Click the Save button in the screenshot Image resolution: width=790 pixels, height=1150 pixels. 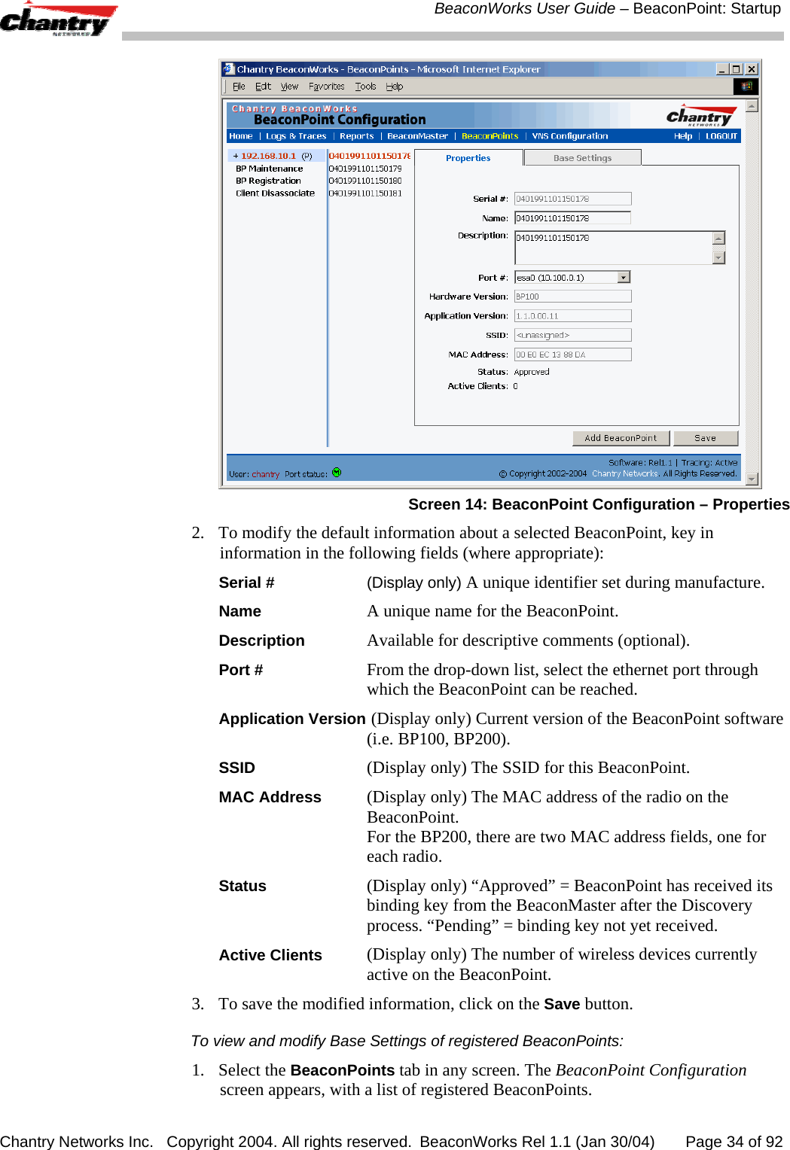click(705, 438)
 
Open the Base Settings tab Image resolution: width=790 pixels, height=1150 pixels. click(582, 158)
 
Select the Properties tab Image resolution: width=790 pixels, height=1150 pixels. click(468, 158)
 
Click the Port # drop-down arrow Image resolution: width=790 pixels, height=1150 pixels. click(624, 278)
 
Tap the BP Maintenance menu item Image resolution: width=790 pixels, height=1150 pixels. click(269, 169)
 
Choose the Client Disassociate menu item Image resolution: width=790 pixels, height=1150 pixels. click(275, 193)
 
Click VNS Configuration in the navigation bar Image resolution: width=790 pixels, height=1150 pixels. click(569, 136)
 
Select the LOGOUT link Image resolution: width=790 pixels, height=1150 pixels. click(721, 136)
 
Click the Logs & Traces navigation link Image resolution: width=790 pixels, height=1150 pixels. click(295, 136)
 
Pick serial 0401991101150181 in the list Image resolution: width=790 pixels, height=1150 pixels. click(365, 193)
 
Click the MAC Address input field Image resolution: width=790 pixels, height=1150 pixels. click(572, 354)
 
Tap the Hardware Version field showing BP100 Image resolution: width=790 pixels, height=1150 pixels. click(572, 297)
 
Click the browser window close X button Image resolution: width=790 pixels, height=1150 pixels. click(751, 69)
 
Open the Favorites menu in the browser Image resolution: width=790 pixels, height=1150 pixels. click(326, 87)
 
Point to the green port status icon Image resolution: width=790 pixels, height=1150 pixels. click(337, 473)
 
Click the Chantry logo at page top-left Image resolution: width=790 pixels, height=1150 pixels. click(57, 20)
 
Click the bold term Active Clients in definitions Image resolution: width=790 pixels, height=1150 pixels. click(270, 955)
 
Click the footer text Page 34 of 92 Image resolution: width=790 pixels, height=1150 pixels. click(734, 1142)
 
